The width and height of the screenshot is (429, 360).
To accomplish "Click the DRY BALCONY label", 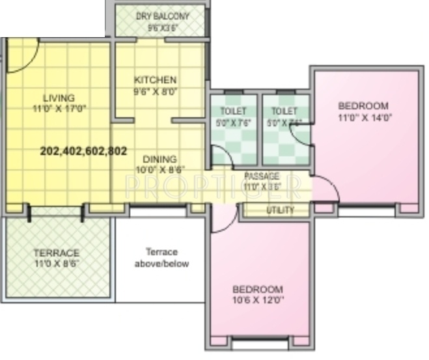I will coord(162,16).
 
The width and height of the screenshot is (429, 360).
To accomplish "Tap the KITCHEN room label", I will coord(156,80).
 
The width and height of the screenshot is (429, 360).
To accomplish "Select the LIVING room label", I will coord(54,98).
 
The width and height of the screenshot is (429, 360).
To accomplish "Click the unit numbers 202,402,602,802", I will coord(83,150).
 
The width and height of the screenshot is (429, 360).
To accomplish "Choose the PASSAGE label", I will coord(262,176).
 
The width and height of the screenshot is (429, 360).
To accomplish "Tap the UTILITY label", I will coord(280,210).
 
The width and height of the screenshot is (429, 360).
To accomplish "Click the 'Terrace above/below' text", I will coord(161,257).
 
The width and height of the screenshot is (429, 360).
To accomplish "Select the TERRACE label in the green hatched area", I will coord(57,253).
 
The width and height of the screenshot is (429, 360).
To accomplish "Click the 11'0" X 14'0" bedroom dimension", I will coord(364,118).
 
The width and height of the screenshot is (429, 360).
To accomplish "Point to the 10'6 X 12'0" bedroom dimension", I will coord(258,301).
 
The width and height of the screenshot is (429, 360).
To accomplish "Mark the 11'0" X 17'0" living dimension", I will coord(55,109).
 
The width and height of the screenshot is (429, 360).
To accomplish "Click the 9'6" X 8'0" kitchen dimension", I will coord(156,91).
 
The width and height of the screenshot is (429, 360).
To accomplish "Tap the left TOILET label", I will coord(232,111).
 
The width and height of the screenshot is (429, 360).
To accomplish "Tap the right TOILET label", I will coord(284,111).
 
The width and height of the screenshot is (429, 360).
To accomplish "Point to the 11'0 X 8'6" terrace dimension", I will coord(57,264).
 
